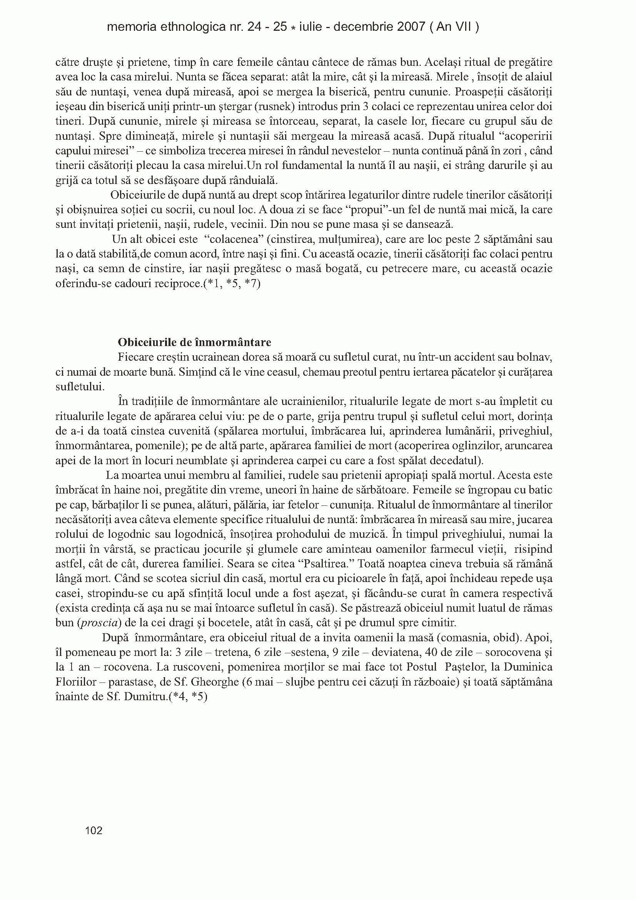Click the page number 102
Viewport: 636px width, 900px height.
(x=93, y=830)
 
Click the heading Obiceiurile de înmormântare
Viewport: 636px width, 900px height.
(x=194, y=342)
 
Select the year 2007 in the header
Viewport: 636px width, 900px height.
(x=411, y=27)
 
